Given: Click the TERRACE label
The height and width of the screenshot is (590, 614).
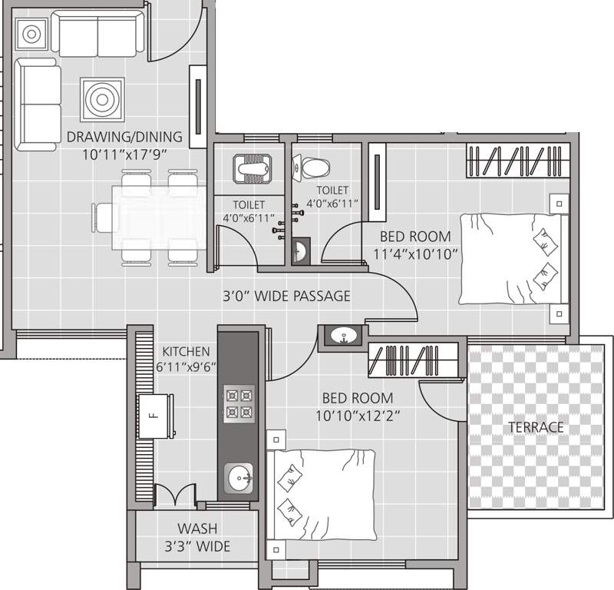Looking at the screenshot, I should (535, 427).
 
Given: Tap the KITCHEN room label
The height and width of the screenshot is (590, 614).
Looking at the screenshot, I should (183, 351).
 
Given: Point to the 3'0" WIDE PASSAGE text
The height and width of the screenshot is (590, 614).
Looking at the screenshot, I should (286, 296).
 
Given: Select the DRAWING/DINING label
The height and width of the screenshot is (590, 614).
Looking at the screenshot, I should (124, 138).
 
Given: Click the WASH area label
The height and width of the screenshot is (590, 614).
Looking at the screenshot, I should (197, 529).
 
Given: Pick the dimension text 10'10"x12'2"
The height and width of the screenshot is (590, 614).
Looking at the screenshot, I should (358, 415).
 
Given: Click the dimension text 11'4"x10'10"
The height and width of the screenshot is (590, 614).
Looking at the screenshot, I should (416, 253).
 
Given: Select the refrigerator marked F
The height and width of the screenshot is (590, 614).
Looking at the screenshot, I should (157, 417).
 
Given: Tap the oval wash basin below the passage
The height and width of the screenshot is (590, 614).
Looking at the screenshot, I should (342, 335).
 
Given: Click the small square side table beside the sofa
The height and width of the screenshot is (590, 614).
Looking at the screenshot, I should (31, 34).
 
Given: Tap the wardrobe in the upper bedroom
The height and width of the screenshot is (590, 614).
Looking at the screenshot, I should (519, 161).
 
